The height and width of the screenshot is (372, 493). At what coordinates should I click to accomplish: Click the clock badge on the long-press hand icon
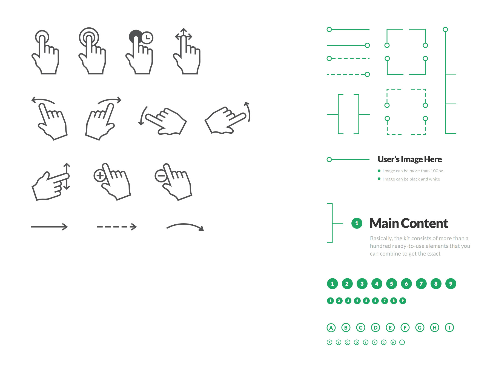[x=147, y=38]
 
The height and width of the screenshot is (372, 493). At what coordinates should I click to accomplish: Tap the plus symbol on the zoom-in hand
[x=100, y=176]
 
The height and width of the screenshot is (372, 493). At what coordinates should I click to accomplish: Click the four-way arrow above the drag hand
[x=184, y=35]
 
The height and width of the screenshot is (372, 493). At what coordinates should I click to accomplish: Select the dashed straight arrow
[x=117, y=227]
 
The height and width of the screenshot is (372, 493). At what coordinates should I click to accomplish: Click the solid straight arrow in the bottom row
[x=49, y=227]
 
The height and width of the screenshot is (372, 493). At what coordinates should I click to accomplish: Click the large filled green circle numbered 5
[x=391, y=284]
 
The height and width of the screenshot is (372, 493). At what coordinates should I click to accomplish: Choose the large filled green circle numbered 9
[x=451, y=284]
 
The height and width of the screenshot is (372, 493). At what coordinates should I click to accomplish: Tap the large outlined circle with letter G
[x=420, y=328]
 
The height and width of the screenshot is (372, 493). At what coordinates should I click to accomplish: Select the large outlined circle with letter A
[x=331, y=328]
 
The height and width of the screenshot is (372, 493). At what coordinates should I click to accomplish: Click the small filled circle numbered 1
[x=330, y=301]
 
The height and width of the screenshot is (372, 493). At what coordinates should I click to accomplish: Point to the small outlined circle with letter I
[x=402, y=342]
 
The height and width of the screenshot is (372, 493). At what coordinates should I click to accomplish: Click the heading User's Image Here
[x=409, y=159]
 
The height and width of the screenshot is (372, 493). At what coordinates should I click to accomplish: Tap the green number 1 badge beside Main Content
[x=357, y=223]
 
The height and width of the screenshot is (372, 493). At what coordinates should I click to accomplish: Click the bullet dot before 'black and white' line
[x=379, y=179]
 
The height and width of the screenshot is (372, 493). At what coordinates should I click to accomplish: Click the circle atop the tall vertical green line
[x=445, y=29]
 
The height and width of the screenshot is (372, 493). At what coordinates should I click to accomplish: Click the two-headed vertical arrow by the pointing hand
[x=67, y=176]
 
